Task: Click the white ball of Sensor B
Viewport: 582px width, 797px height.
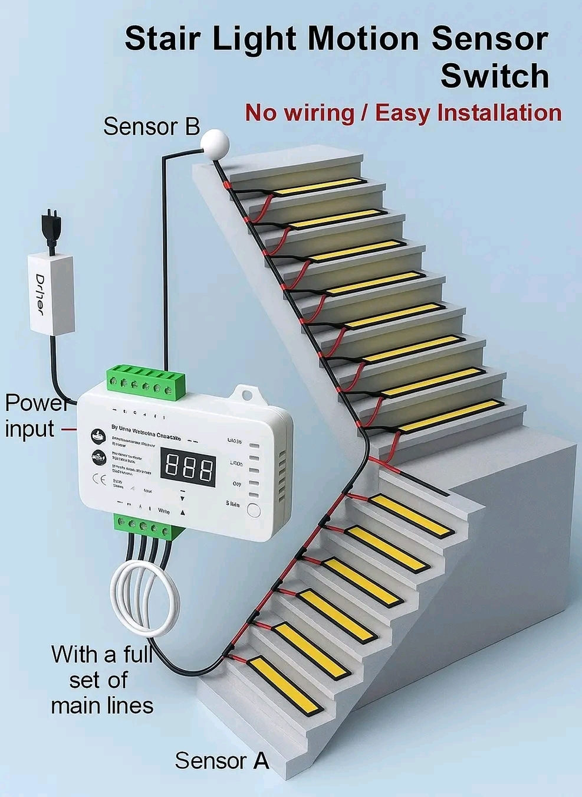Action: pyautogui.click(x=214, y=142)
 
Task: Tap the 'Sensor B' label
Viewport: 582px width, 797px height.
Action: pyautogui.click(x=152, y=126)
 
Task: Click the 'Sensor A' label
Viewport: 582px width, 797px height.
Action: pyautogui.click(x=222, y=761)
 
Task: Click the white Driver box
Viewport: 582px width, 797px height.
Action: pyautogui.click(x=52, y=293)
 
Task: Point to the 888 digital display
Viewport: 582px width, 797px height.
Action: pyautogui.click(x=188, y=467)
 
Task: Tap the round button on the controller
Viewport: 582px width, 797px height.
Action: pyautogui.click(x=254, y=511)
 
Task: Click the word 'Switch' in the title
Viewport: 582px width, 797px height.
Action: pyautogui.click(x=494, y=76)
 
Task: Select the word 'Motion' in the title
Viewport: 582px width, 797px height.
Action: pyautogui.click(x=363, y=39)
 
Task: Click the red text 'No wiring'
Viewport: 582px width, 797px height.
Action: pyautogui.click(x=300, y=112)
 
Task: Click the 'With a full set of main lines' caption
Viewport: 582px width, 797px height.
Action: pyautogui.click(x=101, y=680)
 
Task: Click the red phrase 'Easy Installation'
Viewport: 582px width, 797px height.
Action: pyautogui.click(x=468, y=112)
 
